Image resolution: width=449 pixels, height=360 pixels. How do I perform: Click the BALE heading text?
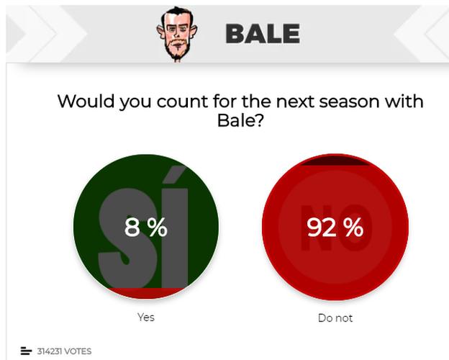click(263, 34)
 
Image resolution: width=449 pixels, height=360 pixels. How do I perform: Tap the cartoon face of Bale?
click(177, 34)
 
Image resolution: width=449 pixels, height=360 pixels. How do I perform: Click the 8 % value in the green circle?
click(146, 227)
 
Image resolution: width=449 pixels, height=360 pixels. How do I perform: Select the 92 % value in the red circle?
click(335, 227)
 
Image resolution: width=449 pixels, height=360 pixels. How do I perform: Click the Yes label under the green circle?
click(146, 318)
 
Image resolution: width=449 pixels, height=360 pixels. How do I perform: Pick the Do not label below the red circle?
click(335, 318)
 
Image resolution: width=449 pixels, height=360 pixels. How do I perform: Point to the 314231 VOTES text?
click(64, 351)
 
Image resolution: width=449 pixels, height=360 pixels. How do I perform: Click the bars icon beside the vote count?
click(26, 351)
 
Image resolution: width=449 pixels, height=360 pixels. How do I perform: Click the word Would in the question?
click(86, 101)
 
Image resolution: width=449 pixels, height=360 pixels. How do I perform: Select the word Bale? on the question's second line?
click(240, 120)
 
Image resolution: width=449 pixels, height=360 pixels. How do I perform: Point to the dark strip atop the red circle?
click(335, 162)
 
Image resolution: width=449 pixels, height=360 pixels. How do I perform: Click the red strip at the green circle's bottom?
click(146, 292)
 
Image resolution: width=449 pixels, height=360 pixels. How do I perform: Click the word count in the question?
click(183, 102)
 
